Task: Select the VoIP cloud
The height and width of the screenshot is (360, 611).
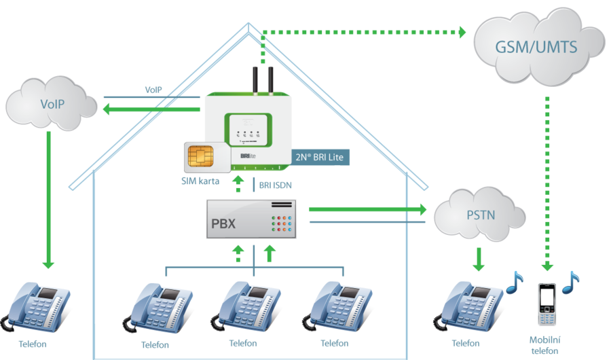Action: [x=52, y=104]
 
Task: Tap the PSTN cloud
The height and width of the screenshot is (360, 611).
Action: [x=481, y=216]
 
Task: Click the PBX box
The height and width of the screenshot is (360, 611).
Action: [x=252, y=219]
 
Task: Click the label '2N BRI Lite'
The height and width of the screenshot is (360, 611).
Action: [x=320, y=158]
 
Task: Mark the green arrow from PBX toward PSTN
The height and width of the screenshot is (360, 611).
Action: [x=367, y=209]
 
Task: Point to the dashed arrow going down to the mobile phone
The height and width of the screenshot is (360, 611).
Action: [x=547, y=183]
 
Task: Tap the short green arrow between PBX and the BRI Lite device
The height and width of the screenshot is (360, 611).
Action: [x=238, y=183]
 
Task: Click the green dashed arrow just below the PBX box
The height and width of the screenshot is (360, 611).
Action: [x=238, y=253]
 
